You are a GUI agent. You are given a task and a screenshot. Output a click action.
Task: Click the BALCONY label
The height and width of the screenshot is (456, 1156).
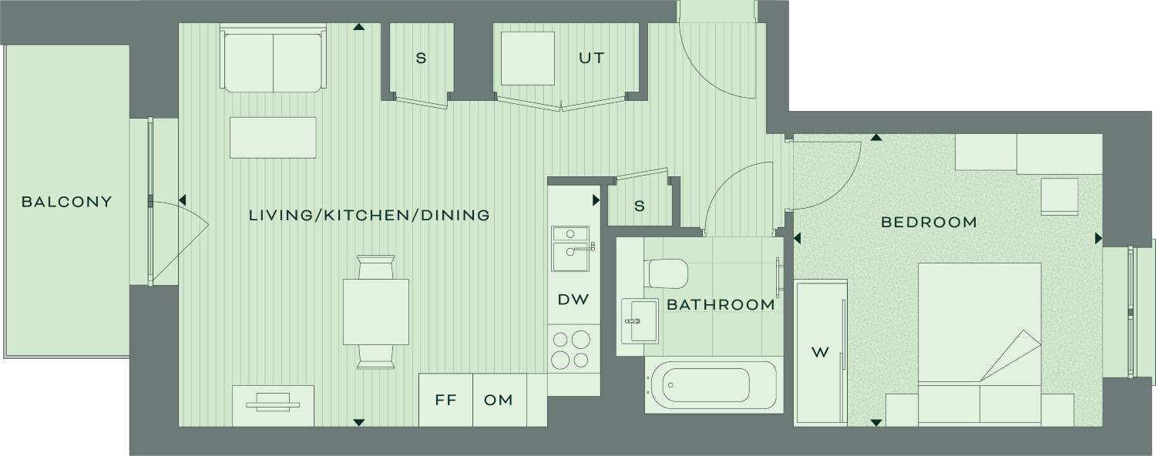(x=66, y=202)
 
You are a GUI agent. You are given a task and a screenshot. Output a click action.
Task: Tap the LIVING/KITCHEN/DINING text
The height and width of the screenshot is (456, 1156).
(x=369, y=215)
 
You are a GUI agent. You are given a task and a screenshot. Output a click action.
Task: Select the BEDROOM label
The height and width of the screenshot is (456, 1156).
(x=929, y=223)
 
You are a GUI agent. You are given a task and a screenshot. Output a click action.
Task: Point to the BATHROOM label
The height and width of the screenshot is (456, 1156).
(x=721, y=304)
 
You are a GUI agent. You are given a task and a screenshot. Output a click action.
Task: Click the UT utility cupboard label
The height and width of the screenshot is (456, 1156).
(x=591, y=58)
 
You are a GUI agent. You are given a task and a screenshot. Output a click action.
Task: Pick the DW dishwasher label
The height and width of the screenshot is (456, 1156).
(x=573, y=299)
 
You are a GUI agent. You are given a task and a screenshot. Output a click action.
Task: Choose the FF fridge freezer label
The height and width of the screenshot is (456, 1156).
(x=446, y=400)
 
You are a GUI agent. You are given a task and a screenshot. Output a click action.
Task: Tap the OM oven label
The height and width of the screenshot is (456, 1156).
(x=499, y=400)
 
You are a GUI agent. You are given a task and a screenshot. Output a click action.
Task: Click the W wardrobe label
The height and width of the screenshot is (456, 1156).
(x=820, y=353)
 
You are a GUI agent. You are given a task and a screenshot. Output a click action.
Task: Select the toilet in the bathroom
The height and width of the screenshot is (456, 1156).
(x=666, y=273)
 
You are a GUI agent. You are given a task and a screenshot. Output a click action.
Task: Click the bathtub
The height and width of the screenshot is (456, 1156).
(x=711, y=385)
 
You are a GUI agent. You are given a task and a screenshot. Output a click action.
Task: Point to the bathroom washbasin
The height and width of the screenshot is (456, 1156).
(x=640, y=321)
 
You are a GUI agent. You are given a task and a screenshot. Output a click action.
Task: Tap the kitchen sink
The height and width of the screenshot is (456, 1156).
(x=570, y=249)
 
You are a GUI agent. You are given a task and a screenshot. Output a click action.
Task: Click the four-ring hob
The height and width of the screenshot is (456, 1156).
(x=571, y=350)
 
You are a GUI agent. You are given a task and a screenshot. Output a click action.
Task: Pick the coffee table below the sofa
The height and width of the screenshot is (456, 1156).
(x=273, y=138)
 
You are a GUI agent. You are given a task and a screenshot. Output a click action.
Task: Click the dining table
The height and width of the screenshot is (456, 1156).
(x=376, y=312)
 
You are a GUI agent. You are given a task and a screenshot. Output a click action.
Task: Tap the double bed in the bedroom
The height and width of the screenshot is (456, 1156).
(x=980, y=344)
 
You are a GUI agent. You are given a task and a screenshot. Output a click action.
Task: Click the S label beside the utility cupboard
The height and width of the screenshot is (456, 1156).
(x=421, y=59)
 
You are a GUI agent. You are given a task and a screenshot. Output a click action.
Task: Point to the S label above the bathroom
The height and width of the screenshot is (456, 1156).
(x=640, y=206)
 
